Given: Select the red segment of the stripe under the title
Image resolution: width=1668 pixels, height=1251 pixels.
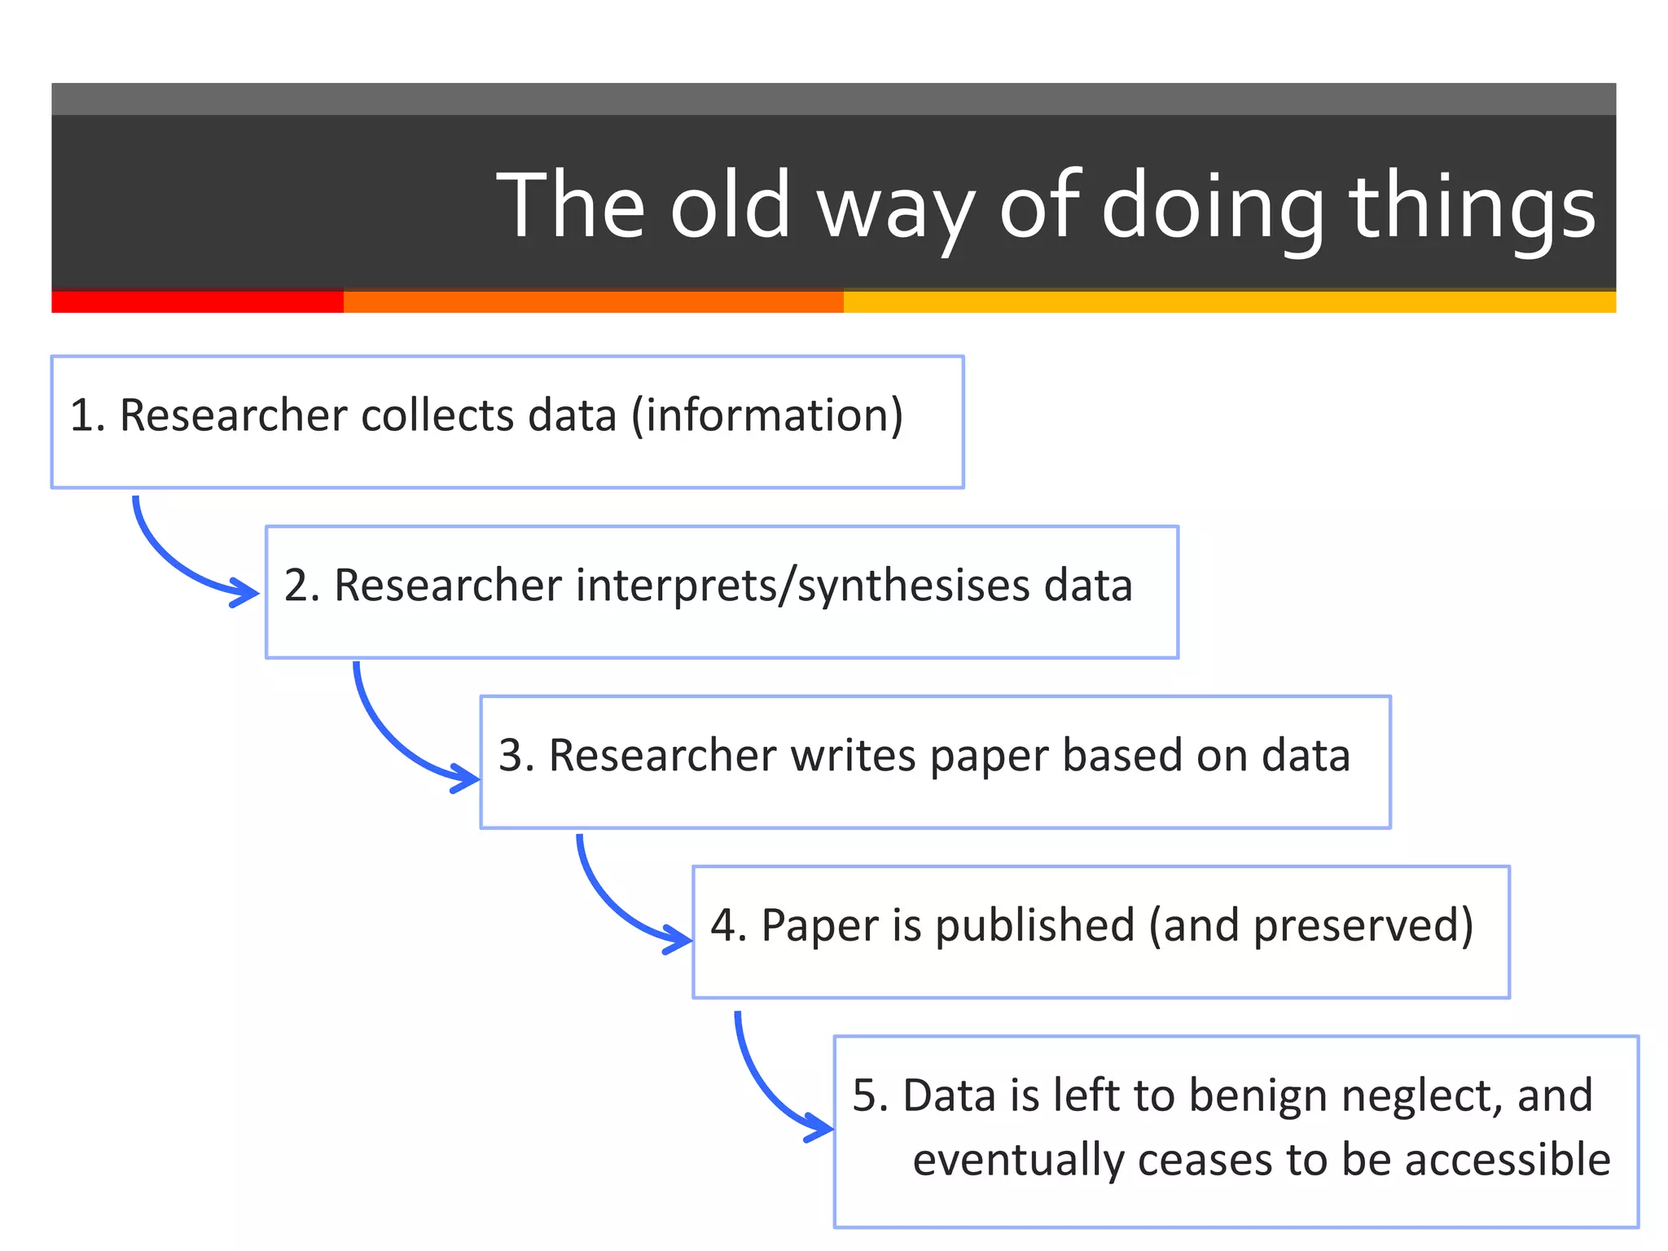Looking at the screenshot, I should pos(197,301).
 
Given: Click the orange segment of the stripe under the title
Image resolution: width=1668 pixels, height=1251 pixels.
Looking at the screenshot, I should pos(593,301).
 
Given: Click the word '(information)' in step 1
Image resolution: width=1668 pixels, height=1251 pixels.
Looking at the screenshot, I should pos(767,415).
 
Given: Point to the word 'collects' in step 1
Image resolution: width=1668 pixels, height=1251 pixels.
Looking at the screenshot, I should pos(437,415).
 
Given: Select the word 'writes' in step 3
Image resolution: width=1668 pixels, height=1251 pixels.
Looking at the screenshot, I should pos(854,755).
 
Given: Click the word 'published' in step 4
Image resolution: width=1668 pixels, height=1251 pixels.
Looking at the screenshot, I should pos(1034,926).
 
